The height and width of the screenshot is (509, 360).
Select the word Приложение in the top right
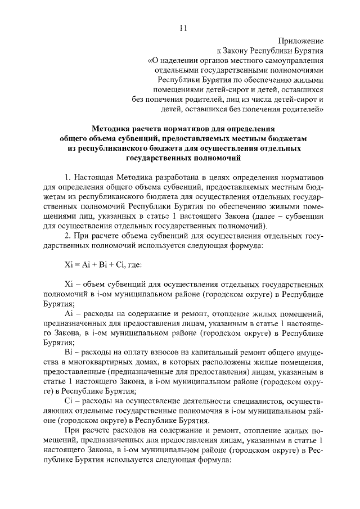pyautogui.click(x=301, y=41)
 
